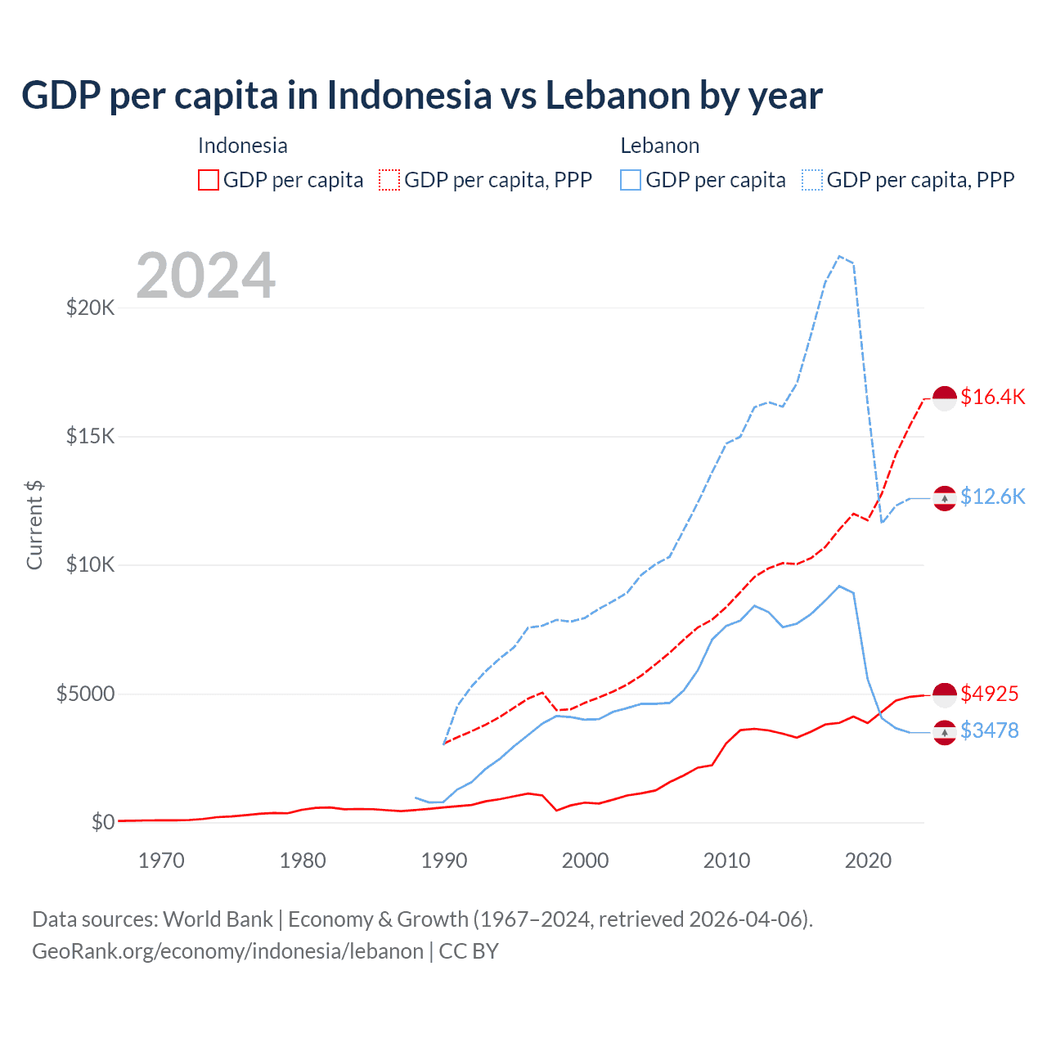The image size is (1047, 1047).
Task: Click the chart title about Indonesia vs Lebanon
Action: (421, 95)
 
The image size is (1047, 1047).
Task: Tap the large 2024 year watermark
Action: (205, 276)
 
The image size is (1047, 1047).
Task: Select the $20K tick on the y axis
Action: (90, 308)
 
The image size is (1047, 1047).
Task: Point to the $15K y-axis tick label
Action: (90, 436)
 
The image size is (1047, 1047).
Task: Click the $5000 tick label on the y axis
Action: (85, 694)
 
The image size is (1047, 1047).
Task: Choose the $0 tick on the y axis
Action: (102, 822)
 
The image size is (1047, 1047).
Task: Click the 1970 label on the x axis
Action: (161, 861)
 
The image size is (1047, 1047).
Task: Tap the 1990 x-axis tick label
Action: (443, 861)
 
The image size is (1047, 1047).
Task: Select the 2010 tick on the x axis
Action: (726, 861)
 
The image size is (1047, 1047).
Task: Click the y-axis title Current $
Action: (34, 524)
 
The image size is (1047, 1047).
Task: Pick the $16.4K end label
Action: (992, 397)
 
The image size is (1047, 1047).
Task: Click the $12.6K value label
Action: (992, 497)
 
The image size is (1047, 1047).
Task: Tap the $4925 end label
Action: (989, 694)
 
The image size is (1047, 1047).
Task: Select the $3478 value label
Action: (989, 730)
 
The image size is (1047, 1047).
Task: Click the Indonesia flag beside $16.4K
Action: (945, 398)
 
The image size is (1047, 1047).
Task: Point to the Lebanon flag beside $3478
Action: (945, 733)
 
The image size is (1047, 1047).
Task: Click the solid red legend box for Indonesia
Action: (209, 180)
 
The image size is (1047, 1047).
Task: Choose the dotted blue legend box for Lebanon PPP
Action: (812, 180)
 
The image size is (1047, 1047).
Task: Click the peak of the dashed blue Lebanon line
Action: (839, 256)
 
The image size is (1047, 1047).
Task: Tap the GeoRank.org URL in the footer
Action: (227, 951)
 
